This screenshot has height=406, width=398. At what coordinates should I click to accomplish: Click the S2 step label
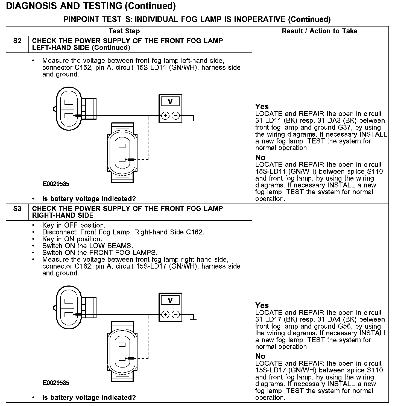tap(17, 41)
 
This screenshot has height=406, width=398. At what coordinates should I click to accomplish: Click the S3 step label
tap(17, 209)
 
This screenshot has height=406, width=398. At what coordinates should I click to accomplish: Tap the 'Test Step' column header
tap(124, 31)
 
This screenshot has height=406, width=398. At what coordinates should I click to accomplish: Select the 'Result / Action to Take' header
tap(320, 31)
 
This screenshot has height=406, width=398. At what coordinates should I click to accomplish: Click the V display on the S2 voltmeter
tap(170, 102)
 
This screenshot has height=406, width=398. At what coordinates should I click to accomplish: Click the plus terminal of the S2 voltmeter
tap(165, 116)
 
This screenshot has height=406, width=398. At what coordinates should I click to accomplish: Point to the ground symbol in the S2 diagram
tap(194, 119)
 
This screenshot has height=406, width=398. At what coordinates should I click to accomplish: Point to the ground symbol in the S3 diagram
tap(194, 318)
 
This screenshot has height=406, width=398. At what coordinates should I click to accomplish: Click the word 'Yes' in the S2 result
tap(262, 107)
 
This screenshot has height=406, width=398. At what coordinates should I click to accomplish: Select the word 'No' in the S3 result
tap(260, 356)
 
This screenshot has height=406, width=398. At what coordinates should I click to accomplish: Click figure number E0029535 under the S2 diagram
tap(56, 184)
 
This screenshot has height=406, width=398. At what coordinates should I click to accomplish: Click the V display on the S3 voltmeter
tap(170, 301)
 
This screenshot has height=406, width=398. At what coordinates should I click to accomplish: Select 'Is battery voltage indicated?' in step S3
tap(89, 398)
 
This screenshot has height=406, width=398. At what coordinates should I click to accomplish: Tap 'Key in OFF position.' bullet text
tap(74, 225)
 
